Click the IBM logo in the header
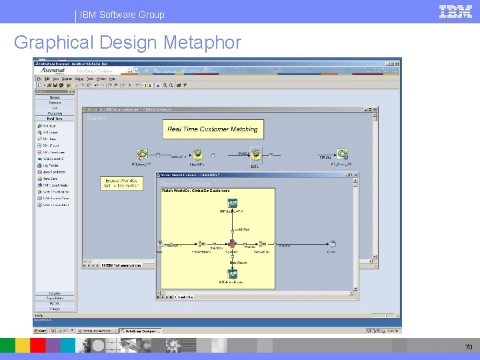[456, 11]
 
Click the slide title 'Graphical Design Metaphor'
[127, 43]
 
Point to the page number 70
[468, 347]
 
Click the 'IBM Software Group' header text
[122, 14]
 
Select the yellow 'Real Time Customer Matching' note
[212, 129]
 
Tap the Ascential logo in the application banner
[54, 69]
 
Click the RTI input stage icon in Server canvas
[141, 155]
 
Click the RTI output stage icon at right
[342, 154]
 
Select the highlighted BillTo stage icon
[256, 155]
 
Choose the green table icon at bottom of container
[233, 273]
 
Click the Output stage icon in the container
[332, 245]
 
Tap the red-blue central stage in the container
[232, 245]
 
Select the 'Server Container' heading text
[185, 183]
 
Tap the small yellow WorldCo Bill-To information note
[121, 183]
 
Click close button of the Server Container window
[355, 175]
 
